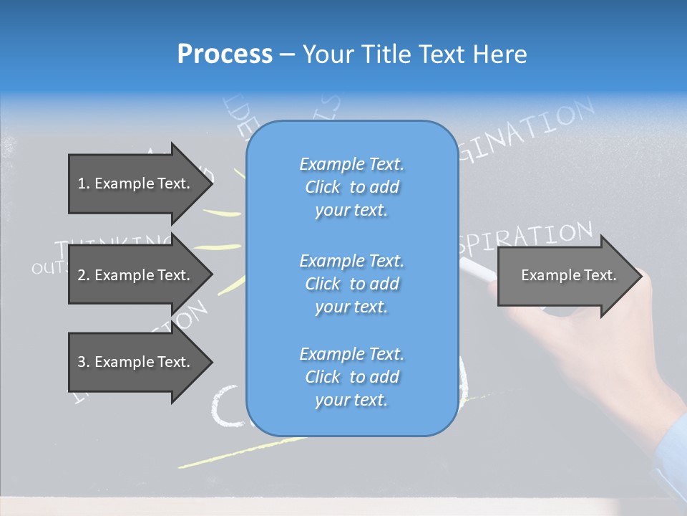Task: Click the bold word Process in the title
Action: pos(225,54)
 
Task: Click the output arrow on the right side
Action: pos(565,275)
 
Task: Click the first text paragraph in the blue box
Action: pos(351,187)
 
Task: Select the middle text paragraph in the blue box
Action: pos(351,283)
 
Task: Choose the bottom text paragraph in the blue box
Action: pos(351,377)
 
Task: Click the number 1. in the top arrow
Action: pos(84,183)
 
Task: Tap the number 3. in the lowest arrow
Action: pos(84,362)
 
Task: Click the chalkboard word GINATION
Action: pos(530,129)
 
